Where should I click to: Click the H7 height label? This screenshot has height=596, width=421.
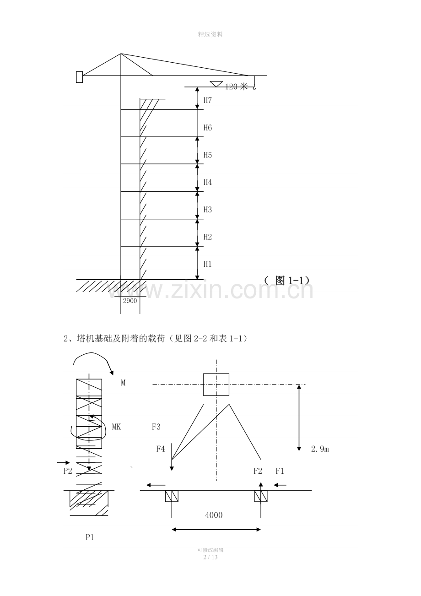tap(207, 100)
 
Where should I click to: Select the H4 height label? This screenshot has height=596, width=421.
tap(207, 182)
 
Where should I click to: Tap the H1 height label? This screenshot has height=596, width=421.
tap(207, 264)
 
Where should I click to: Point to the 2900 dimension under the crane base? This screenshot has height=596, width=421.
tap(130, 301)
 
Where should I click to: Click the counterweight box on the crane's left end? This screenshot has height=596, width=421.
tap(79, 77)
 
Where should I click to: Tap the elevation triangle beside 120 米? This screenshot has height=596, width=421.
tap(216, 84)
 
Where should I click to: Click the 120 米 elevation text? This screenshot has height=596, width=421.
tap(237, 87)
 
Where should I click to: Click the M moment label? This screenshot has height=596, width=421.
tap(123, 383)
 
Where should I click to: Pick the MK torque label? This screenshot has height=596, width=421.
tap(117, 427)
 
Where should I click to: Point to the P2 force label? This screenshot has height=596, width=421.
tap(68, 471)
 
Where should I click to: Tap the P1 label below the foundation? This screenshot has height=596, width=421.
tap(90, 537)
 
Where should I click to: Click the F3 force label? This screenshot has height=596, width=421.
tap(156, 427)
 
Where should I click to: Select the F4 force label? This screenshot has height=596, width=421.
tap(161, 449)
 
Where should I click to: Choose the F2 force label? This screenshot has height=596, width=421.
tap(258, 471)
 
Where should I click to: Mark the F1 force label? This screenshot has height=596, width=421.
tap(280, 471)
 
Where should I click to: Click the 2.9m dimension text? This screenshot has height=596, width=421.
tap(320, 449)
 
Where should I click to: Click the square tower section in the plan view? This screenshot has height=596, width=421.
tap(216, 385)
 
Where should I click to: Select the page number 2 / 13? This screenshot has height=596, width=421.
tap(210, 557)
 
